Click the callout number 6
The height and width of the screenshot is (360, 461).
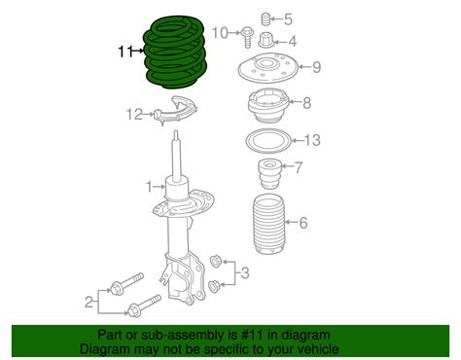tap(303, 225)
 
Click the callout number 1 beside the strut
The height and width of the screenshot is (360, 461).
tap(149, 185)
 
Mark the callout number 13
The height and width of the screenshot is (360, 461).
tap(311, 140)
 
